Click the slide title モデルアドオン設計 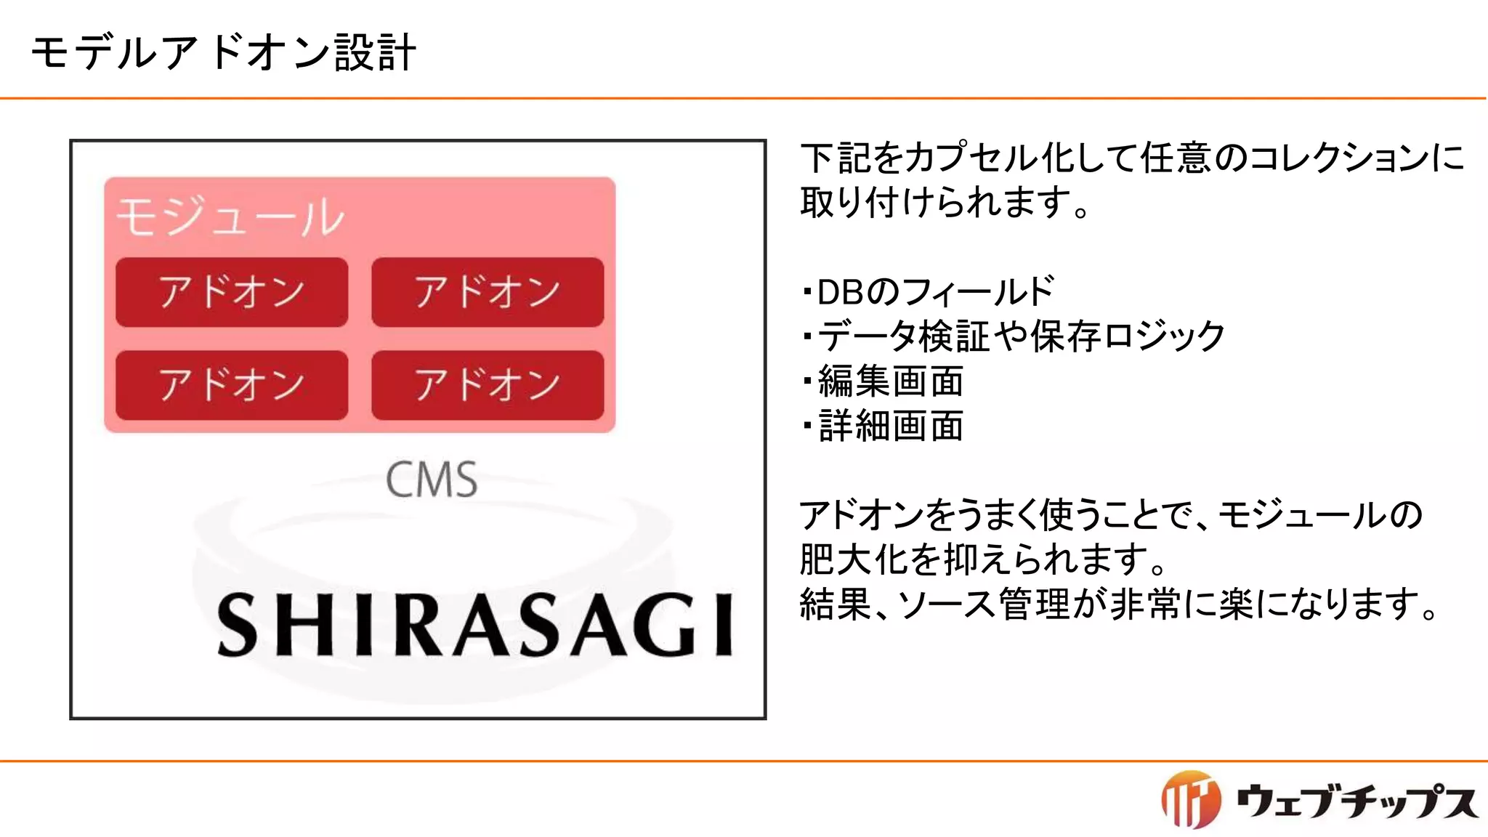click(223, 52)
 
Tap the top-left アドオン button click(232, 292)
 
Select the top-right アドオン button click(488, 292)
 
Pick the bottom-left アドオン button click(232, 385)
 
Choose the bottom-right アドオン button click(488, 385)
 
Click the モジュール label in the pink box click(230, 217)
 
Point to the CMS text click(432, 480)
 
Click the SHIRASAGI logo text click(476, 625)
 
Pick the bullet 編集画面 click(891, 381)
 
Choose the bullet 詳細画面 click(891, 426)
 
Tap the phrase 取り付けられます click(937, 203)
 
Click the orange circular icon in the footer click(1190, 799)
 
